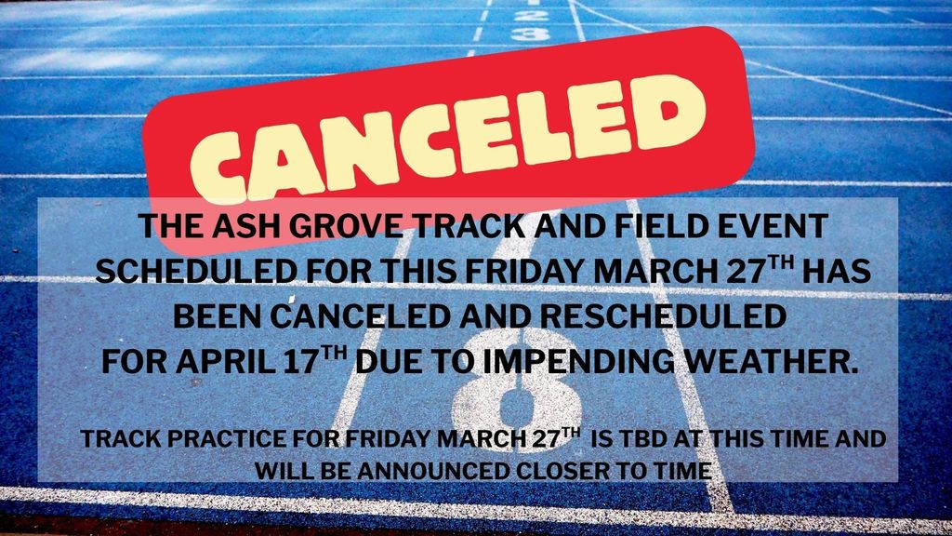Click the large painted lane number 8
coord(515,402)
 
